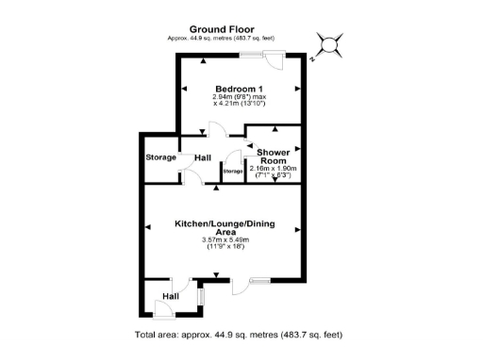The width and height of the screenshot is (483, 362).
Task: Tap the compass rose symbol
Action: click(330, 43)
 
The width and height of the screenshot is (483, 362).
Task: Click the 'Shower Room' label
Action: click(274, 156)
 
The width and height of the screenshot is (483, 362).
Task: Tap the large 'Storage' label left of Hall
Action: click(161, 156)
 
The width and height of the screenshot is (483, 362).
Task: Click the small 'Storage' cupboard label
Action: click(232, 172)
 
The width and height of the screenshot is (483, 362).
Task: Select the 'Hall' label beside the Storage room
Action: click(203, 156)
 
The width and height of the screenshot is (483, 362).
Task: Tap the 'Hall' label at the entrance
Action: click(170, 297)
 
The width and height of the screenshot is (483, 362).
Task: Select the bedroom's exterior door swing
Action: click(275, 61)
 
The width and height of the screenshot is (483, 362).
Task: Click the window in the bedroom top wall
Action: click(251, 55)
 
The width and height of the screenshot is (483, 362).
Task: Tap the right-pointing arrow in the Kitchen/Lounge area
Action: click(297, 226)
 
